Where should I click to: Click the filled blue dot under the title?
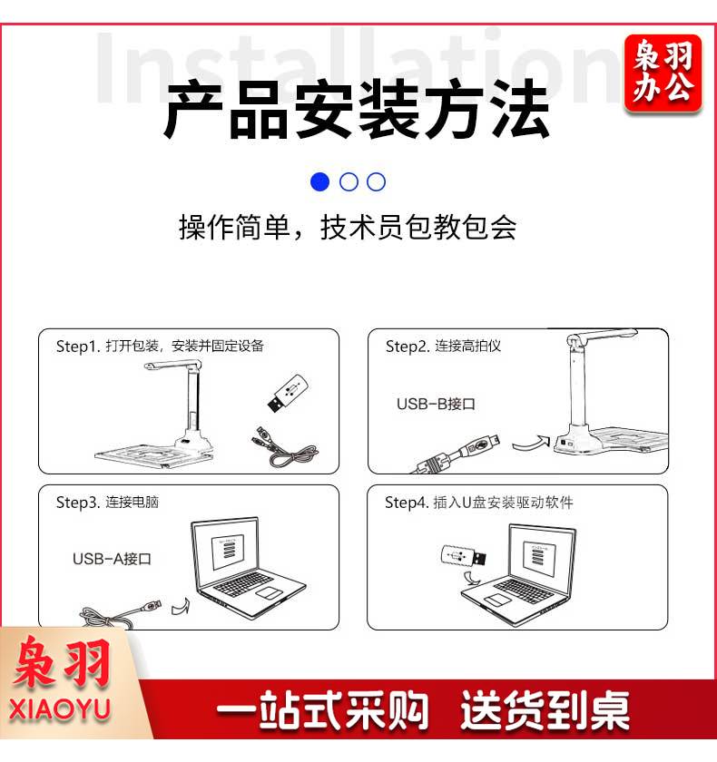tap(319, 181)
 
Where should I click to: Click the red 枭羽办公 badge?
tap(663, 73)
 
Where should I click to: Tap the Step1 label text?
tap(160, 346)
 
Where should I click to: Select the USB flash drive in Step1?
tap(288, 393)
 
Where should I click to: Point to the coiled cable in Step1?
tap(285, 446)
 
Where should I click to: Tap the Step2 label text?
tap(443, 346)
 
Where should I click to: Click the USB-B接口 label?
tap(436, 404)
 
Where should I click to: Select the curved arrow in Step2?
tap(531, 443)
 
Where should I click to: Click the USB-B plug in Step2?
tap(479, 447)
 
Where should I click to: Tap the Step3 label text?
tap(107, 502)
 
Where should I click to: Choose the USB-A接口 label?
tap(112, 559)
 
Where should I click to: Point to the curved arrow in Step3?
tap(181, 607)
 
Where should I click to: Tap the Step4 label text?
tap(479, 502)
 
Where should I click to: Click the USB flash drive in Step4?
tap(463, 555)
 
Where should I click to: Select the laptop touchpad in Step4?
tap(496, 601)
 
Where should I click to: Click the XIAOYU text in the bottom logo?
tap(59, 709)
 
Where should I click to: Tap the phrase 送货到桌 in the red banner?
tap(545, 709)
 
